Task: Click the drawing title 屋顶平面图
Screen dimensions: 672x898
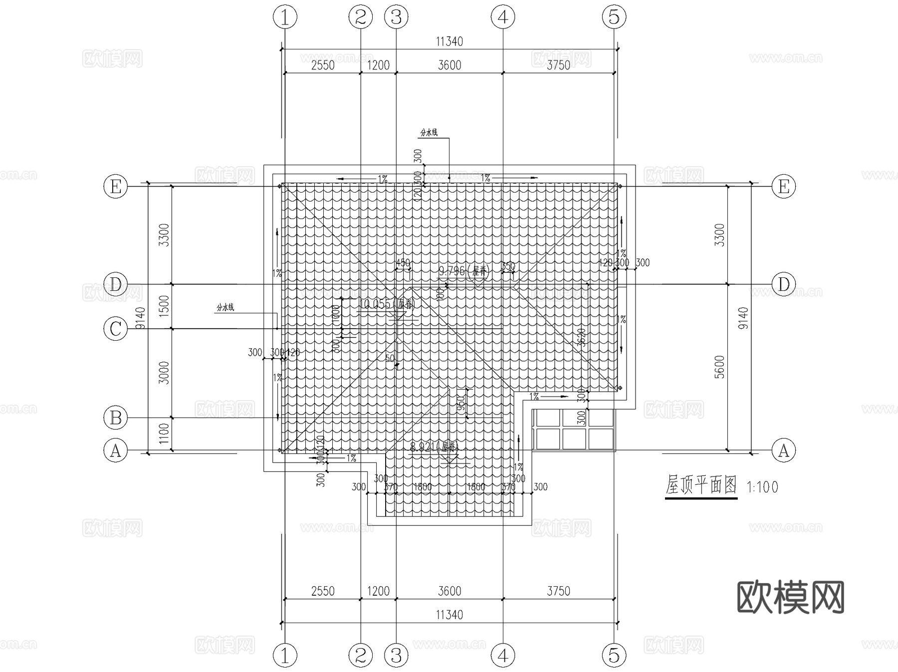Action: tap(701, 485)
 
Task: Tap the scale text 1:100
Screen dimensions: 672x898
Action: tap(762, 487)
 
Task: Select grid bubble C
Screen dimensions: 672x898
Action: tap(115, 329)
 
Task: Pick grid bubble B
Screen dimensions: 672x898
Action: tap(115, 418)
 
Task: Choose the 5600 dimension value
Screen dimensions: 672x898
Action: tap(719, 367)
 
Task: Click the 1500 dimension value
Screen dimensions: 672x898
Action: tap(164, 305)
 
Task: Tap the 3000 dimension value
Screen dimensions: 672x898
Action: tap(164, 373)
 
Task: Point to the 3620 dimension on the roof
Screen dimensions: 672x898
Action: tap(581, 338)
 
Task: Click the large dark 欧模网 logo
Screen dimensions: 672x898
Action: tap(790, 597)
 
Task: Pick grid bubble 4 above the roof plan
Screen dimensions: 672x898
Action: tap(503, 17)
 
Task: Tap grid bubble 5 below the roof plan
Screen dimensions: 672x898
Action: tap(614, 655)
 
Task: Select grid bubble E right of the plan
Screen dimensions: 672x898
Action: tap(784, 187)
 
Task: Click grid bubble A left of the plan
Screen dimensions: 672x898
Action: tap(115, 451)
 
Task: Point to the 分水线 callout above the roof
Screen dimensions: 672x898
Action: tap(429, 132)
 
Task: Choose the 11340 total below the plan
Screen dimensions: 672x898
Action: tap(449, 615)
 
